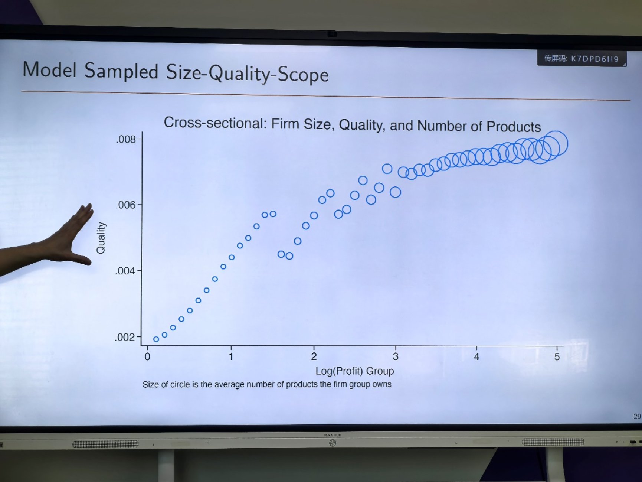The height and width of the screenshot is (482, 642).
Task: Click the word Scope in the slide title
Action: point(303,74)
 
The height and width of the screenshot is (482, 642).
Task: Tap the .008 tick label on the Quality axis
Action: point(126,139)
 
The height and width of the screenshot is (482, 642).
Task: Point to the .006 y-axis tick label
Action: point(125,205)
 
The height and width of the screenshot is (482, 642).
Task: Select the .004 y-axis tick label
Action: point(125,271)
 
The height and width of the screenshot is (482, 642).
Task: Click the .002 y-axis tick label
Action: point(125,337)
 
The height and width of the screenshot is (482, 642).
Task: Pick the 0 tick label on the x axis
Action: point(147,356)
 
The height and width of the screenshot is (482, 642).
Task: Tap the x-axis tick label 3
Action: point(396,356)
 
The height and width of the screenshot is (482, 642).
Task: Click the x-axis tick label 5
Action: point(557,357)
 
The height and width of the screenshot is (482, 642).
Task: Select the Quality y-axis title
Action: point(101,238)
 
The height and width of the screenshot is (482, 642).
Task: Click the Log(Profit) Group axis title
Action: point(354,371)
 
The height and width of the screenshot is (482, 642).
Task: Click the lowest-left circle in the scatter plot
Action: point(156,339)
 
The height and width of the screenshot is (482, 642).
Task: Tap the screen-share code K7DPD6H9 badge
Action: point(582,59)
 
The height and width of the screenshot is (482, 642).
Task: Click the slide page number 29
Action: point(637,416)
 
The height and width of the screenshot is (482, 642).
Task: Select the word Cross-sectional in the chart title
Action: point(215,123)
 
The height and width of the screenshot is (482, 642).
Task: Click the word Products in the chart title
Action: point(514,127)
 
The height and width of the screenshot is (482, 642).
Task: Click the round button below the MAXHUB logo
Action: point(333,443)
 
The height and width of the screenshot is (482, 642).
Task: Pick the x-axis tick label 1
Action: point(231,356)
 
